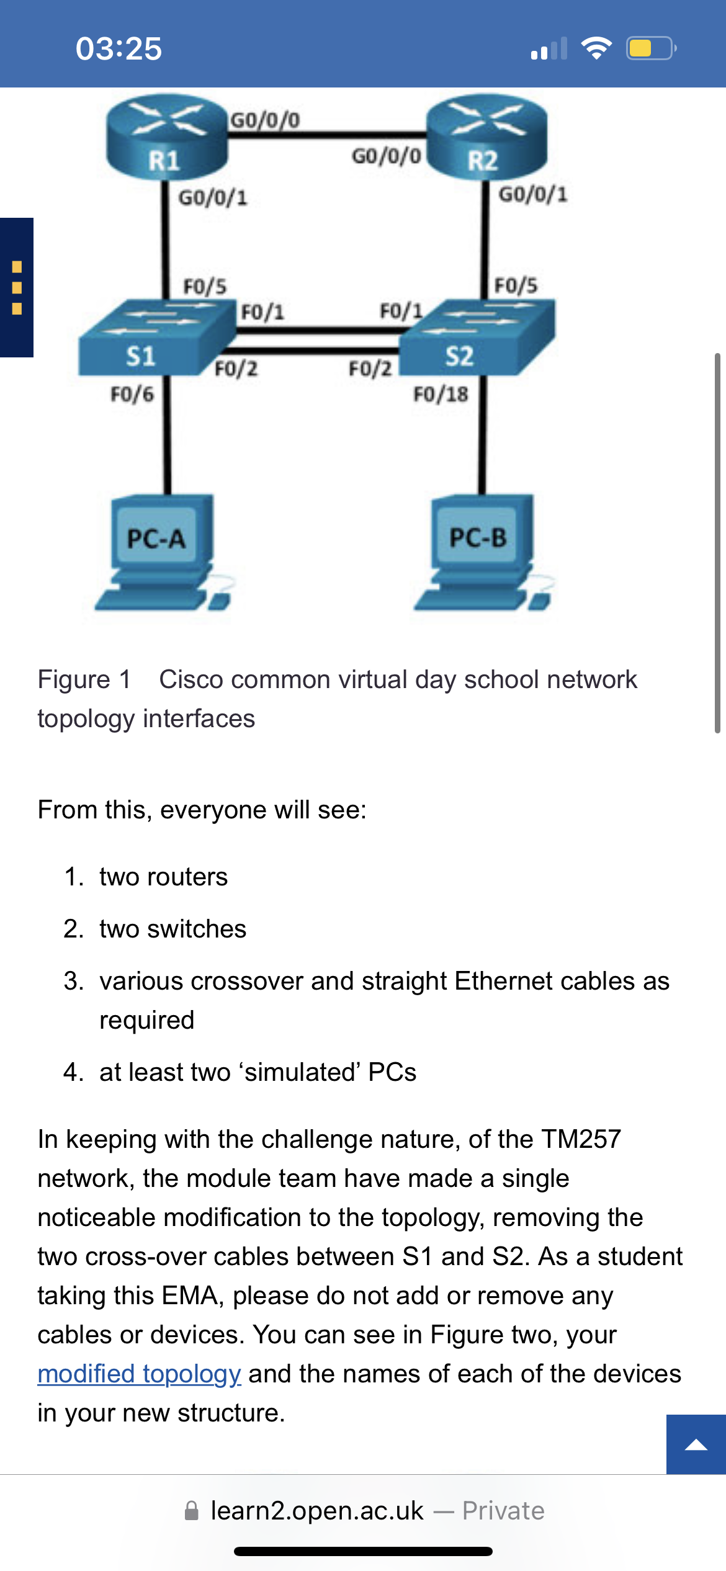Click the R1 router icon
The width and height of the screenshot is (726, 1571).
tap(166, 138)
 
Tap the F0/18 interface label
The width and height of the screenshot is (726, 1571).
tap(441, 394)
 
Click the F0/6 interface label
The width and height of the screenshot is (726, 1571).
tap(132, 394)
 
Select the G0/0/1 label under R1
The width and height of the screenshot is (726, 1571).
tap(213, 198)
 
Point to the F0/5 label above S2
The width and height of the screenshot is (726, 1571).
tap(516, 285)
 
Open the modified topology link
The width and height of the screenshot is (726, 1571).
tap(139, 1374)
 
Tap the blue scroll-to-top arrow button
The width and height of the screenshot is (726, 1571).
tap(696, 1444)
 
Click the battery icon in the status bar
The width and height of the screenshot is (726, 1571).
tap(650, 48)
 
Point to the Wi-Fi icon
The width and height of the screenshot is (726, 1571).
tap(596, 48)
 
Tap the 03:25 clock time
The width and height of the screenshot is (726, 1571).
tap(119, 48)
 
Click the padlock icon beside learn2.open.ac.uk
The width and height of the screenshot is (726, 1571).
tap(192, 1511)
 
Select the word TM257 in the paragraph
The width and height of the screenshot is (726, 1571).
tap(581, 1139)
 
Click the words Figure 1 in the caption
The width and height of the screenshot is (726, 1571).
tap(84, 680)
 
